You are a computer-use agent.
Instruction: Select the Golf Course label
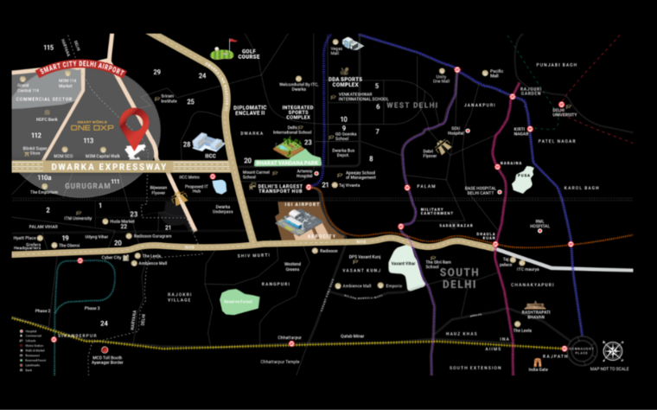click(248, 55)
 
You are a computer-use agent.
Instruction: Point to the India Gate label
click(539, 370)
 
